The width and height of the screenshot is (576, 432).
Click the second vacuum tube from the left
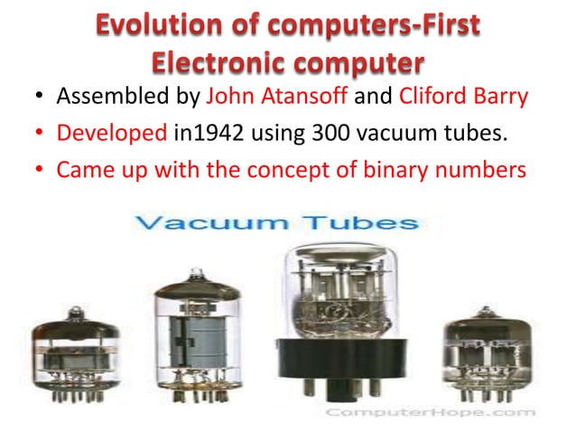coord(197,339)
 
